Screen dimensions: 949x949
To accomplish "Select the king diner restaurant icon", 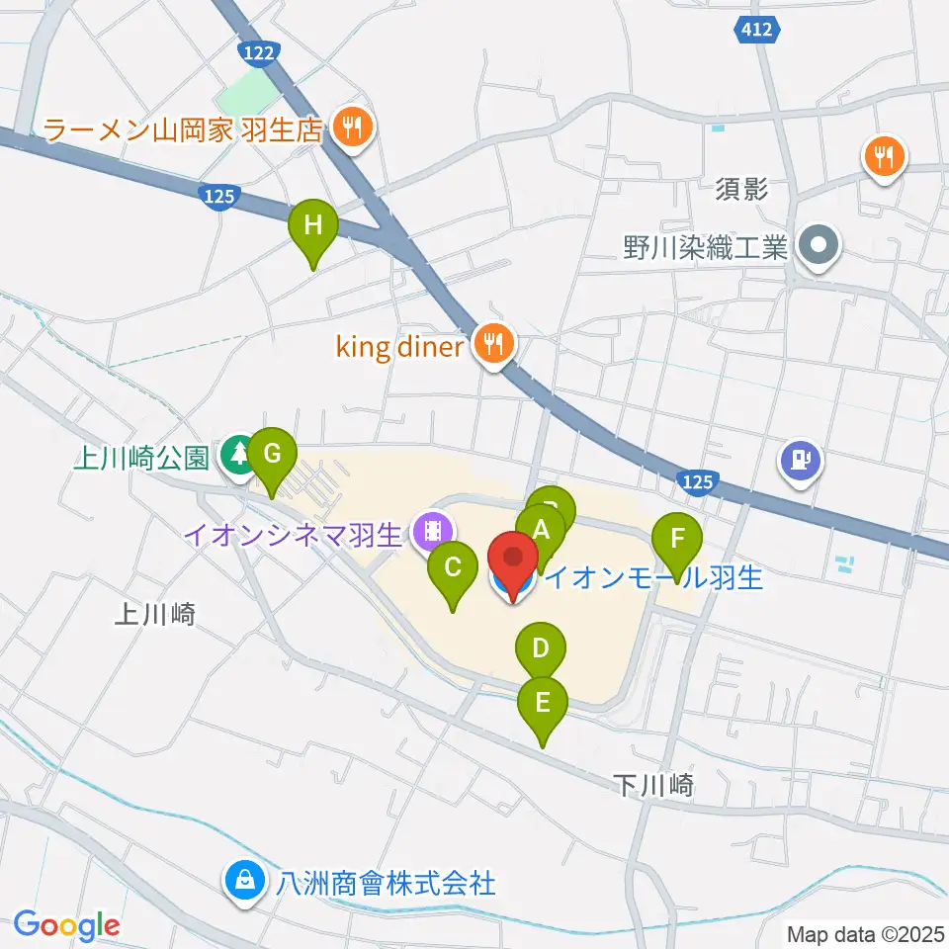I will [492, 345].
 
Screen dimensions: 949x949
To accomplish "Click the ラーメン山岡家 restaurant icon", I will [349, 127].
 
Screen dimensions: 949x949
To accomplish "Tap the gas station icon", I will [800, 460].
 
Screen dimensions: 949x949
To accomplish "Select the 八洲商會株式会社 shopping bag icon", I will [243, 879].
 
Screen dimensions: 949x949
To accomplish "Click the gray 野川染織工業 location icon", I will [819, 243].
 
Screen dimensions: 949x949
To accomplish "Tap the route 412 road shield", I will [758, 32].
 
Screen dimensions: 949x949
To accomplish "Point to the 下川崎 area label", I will [653, 787].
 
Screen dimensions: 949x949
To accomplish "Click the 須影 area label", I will [740, 189].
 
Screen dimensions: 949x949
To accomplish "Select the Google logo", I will [66, 925].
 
